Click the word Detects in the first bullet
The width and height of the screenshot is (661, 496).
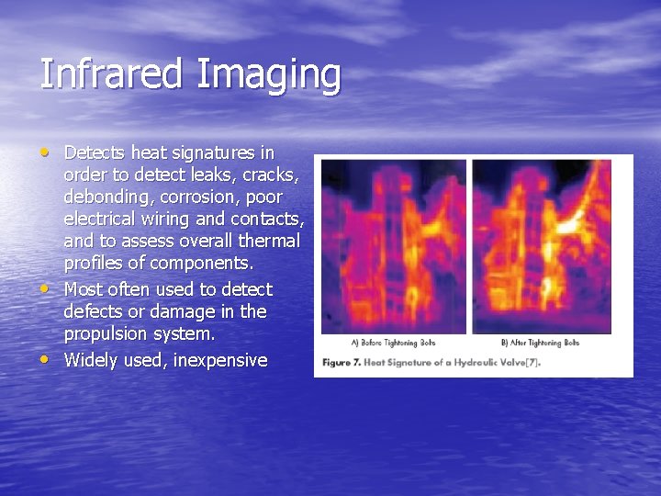point(95,152)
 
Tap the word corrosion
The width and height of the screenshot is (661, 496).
point(201,197)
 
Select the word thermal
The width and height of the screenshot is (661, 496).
point(270,241)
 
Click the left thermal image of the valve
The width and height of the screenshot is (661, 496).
point(394,245)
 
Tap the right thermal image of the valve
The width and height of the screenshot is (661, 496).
point(542,245)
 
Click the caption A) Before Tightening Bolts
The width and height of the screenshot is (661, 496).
point(393,344)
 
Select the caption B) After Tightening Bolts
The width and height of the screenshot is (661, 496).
point(540,344)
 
